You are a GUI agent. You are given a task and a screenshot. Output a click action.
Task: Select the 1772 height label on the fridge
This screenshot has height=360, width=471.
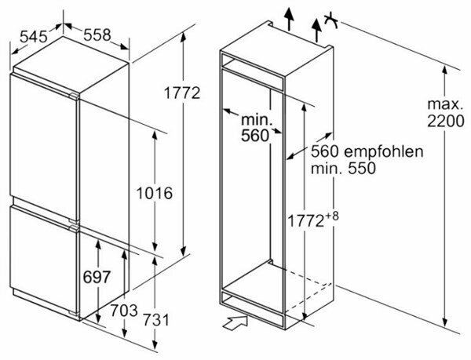tap(182, 93)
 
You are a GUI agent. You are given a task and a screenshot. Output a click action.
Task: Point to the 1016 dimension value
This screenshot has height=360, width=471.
tap(154, 192)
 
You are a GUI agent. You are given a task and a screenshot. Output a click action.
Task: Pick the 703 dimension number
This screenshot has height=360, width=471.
tap(123, 310)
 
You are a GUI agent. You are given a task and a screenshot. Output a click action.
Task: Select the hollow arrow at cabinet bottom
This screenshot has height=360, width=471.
tap(233, 320)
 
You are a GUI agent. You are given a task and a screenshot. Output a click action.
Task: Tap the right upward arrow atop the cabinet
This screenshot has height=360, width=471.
tap(317, 30)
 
